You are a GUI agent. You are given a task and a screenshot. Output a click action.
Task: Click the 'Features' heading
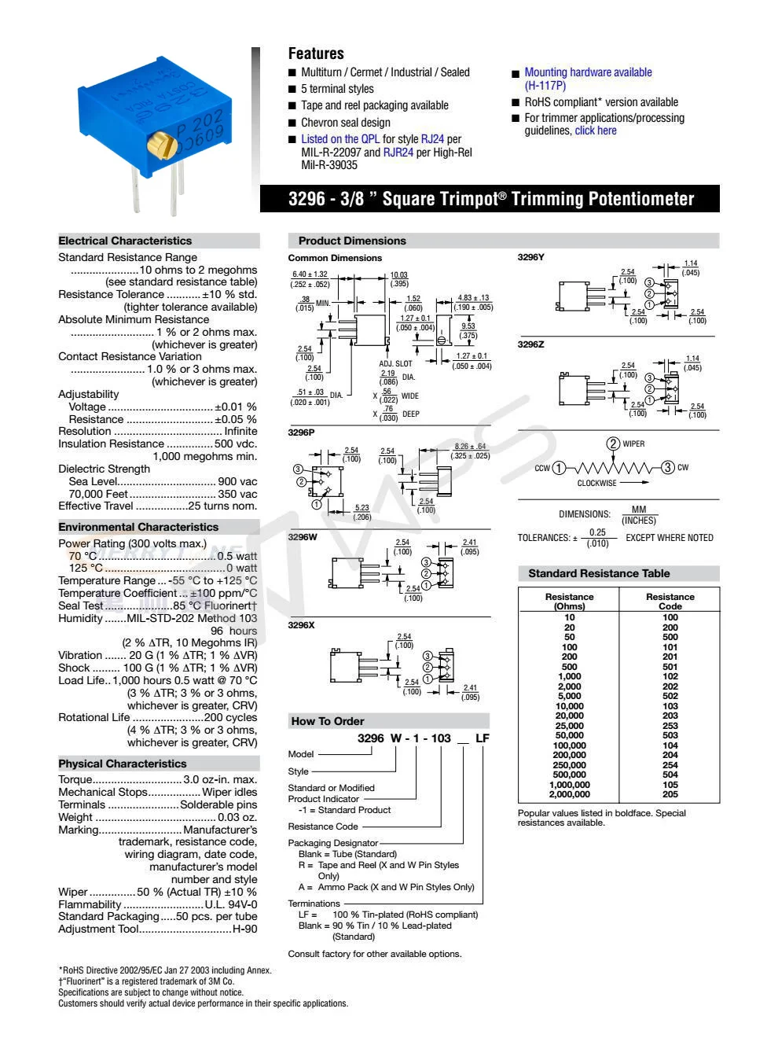tap(316, 53)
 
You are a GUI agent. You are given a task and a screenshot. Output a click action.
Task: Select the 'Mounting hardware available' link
tap(588, 72)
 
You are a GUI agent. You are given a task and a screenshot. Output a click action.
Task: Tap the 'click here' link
tap(596, 131)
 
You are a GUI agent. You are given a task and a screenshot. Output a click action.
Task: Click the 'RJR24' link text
tap(398, 153)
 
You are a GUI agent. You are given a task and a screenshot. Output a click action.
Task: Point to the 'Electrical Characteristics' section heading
tap(125, 241)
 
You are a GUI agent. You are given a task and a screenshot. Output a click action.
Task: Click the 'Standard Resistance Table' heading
tap(599, 574)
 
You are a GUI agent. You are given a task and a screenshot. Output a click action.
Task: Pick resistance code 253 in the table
tap(670, 726)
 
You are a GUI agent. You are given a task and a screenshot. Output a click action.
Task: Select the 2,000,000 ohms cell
tap(570, 794)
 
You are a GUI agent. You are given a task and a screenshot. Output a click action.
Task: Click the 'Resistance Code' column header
tap(670, 602)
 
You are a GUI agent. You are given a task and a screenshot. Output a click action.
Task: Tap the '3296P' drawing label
tap(301, 432)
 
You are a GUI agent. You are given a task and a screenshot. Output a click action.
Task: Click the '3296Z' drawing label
tap(530, 344)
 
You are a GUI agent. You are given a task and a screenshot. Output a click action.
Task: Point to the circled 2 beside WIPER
tap(613, 444)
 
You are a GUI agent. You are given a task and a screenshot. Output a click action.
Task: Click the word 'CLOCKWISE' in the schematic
tap(597, 484)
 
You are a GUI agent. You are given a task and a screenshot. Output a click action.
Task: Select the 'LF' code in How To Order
tap(483, 738)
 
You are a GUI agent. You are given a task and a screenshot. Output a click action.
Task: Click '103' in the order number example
tap(441, 738)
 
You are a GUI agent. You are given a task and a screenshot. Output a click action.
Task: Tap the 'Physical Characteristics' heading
tap(123, 764)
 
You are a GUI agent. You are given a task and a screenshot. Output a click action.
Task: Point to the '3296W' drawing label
tap(303, 537)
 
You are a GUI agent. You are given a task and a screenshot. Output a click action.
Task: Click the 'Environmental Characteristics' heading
tap(138, 527)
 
